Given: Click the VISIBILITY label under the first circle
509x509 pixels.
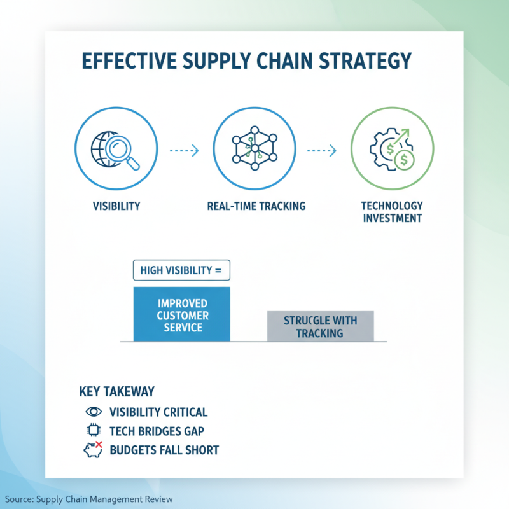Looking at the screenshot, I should click(x=116, y=206).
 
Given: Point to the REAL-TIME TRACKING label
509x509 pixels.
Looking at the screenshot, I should click(x=256, y=206).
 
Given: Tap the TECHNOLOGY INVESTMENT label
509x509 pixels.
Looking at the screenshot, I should click(x=392, y=212).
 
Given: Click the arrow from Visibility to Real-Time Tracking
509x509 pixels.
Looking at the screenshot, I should click(x=185, y=151).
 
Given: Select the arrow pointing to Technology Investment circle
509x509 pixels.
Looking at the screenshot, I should click(x=323, y=151).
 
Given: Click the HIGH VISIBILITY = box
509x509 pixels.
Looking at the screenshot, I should click(x=181, y=270).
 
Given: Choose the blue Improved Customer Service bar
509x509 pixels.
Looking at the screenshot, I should click(x=181, y=314).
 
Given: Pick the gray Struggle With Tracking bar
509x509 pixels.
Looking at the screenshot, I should click(x=319, y=326).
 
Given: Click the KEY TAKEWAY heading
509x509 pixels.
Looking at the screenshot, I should click(x=117, y=391).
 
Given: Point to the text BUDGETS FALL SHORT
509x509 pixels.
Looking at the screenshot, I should click(x=164, y=450).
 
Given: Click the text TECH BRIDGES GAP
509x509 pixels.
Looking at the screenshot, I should click(x=157, y=431).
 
